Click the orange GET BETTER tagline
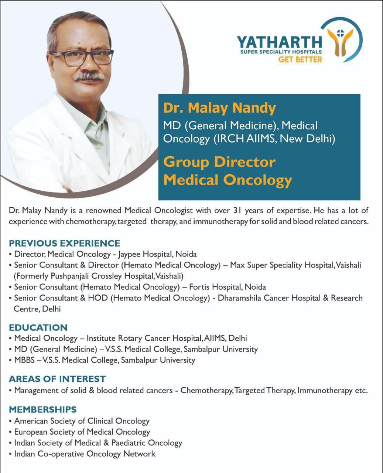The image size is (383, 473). click(300, 59)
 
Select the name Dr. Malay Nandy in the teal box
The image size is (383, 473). click(219, 108)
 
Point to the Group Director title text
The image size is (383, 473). click(219, 162)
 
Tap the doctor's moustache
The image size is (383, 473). click(89, 76)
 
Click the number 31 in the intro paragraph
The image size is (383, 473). click(237, 211)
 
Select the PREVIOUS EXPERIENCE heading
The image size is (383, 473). click(64, 243)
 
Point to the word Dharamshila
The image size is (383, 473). click(240, 298)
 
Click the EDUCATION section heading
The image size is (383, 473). click(38, 327)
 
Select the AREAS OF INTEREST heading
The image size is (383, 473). click(57, 379)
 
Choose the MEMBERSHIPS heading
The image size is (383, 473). click(42, 409)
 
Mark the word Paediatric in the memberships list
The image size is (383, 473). click(128, 443)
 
